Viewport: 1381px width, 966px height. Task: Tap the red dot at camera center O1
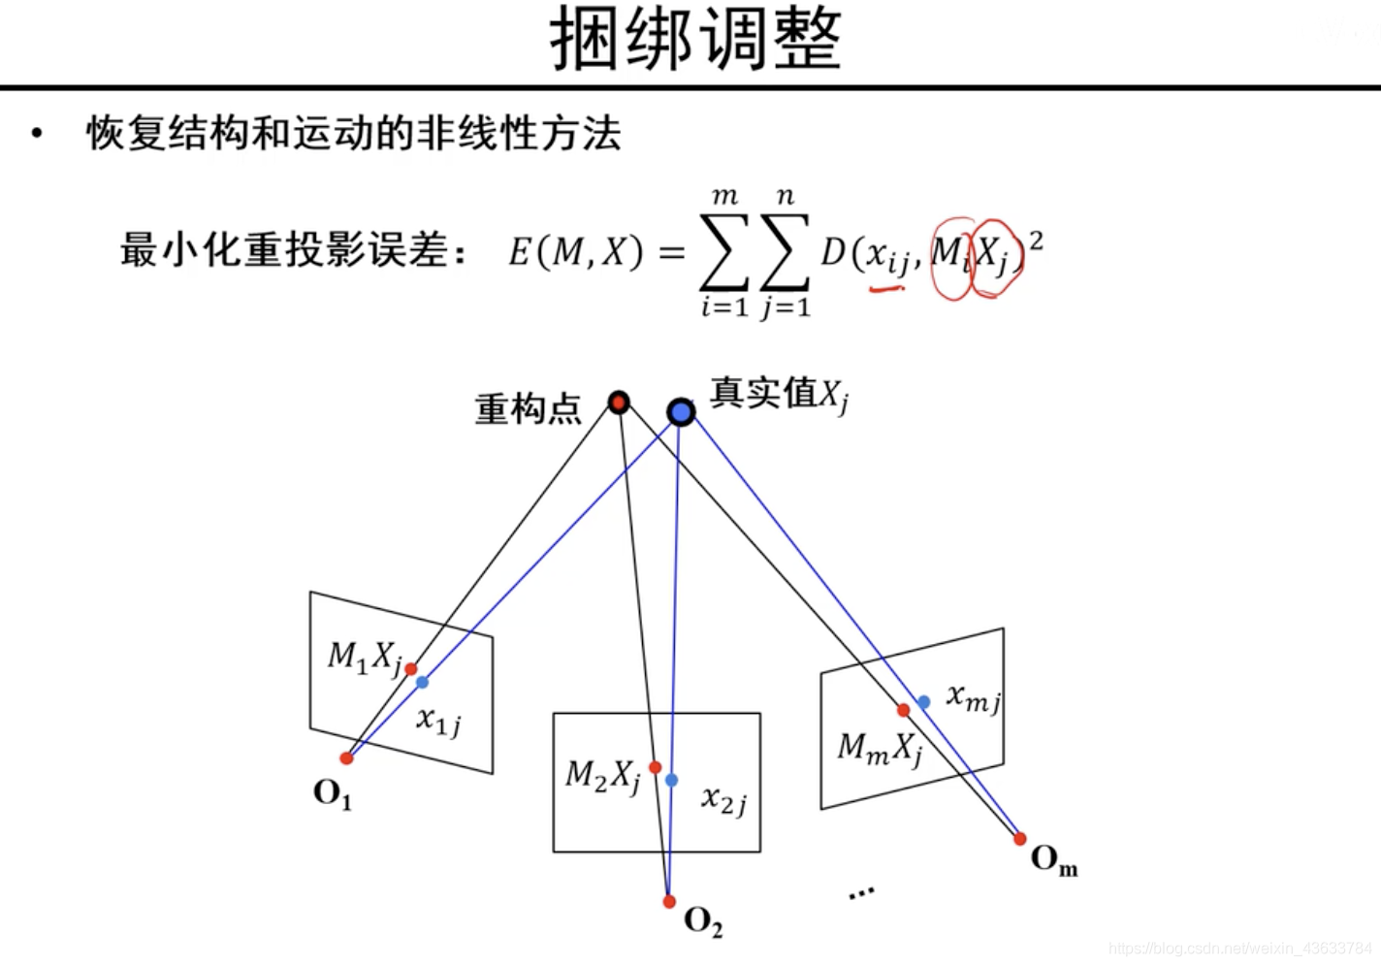pos(346,757)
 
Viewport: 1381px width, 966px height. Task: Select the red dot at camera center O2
pos(669,901)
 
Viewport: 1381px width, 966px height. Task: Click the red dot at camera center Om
pos(1019,839)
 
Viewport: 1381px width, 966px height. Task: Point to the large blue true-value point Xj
pos(681,412)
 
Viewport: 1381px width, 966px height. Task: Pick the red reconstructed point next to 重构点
pos(619,402)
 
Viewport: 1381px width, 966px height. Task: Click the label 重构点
pos(528,408)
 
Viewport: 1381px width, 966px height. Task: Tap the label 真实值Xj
pos(779,394)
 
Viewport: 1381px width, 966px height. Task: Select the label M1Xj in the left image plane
pos(364,658)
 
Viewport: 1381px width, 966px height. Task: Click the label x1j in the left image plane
pos(438,721)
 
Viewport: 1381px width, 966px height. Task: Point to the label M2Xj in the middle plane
pos(603,775)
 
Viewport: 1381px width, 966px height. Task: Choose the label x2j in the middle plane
pos(723,800)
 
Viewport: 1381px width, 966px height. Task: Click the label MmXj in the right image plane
pos(880,748)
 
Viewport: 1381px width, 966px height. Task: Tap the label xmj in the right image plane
pos(974,696)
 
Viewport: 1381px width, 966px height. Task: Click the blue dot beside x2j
pos(671,780)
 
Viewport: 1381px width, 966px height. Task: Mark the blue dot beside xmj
pos(924,701)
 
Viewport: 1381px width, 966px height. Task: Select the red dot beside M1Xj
pos(411,669)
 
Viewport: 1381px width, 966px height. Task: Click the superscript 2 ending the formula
pos(1036,239)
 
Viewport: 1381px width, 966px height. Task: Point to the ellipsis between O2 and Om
pos(861,892)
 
